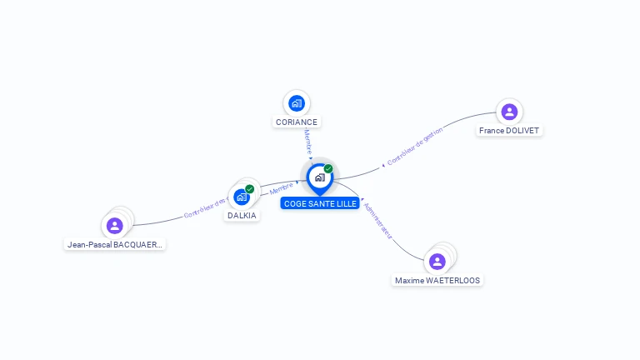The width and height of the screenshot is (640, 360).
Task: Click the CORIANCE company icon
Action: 296,103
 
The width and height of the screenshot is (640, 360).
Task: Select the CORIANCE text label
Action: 296,122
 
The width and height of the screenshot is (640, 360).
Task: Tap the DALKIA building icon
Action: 242,197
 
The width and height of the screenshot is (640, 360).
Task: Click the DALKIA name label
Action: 242,215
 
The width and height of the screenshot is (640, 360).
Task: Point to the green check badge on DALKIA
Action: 249,189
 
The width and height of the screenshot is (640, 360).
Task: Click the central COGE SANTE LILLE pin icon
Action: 319,177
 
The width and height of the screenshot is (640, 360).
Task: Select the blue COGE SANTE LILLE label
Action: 319,203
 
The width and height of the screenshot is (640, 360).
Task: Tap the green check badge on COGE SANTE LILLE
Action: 328,168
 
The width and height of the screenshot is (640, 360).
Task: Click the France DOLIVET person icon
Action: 509,112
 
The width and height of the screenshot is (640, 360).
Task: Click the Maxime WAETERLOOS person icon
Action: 437,262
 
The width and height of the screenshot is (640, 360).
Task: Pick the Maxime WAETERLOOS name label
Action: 437,280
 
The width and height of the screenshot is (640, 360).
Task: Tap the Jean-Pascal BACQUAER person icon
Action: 115,225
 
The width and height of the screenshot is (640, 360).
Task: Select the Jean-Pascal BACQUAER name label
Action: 115,244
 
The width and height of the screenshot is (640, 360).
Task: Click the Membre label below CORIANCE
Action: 307,141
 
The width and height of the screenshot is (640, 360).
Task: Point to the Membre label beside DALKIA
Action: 281,190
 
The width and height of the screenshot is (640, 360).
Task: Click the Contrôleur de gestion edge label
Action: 414,147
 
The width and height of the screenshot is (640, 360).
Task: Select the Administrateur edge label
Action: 378,219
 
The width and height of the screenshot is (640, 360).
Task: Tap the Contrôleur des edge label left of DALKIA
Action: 205,208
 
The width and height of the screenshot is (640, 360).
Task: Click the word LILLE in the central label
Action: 344,203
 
